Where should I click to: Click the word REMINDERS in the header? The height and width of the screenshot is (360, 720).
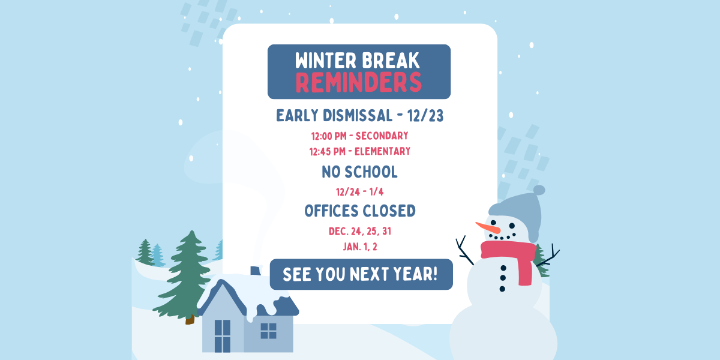coord(358,82)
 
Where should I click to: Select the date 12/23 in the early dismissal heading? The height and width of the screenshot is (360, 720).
coord(425,116)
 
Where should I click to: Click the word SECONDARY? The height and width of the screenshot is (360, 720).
coord(382,136)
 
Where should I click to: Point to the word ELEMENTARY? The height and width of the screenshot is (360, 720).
coord(383,151)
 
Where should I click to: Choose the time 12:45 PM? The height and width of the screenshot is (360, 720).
coord(327,151)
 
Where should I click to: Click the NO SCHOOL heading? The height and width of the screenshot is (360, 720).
coord(359,172)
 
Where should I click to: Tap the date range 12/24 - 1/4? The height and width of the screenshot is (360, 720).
coord(359,192)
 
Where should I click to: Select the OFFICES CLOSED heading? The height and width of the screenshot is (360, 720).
coord(360,211)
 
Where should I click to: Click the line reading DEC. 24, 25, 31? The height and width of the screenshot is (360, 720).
coord(359,232)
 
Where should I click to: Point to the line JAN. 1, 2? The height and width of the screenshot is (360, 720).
coord(360,247)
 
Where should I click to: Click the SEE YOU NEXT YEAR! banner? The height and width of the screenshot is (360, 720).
coord(361,274)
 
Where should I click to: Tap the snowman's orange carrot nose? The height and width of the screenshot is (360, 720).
coord(488,227)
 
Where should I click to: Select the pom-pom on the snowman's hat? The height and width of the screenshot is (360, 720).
coord(539,190)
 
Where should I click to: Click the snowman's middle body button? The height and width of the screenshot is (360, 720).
coord(503,278)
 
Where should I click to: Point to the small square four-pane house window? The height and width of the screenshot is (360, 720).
coord(268,331)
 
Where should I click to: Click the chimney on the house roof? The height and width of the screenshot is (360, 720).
coord(256,271)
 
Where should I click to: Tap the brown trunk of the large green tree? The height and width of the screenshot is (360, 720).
coord(190,319)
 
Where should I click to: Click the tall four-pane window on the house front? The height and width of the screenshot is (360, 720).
coord(223,336)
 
